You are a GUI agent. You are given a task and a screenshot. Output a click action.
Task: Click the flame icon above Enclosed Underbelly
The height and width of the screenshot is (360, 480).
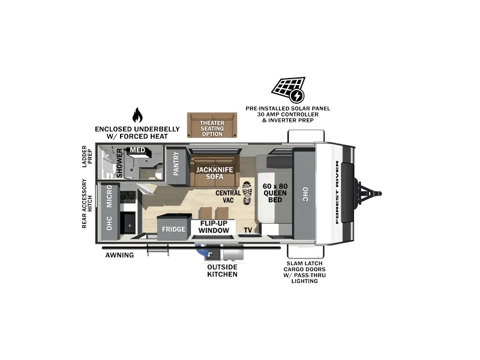point(137,115)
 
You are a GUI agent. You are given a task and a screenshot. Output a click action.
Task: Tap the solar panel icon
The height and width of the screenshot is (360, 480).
point(289,89)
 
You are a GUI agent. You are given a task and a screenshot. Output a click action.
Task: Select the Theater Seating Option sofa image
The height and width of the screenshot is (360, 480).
point(212,125)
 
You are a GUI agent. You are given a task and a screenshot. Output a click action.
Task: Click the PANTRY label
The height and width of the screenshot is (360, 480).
point(176,164)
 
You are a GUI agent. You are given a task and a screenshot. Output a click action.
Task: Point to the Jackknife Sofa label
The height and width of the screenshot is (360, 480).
point(214,173)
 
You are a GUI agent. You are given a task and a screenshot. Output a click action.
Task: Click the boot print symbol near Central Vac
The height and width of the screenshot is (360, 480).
point(247,193)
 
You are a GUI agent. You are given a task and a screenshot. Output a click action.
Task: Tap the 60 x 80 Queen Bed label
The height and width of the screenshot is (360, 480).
point(275,193)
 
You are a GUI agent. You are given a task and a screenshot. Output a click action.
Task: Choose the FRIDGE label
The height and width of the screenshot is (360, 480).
point(173,229)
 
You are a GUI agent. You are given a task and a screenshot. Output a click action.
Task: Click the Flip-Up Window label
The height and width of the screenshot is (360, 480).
point(214,227)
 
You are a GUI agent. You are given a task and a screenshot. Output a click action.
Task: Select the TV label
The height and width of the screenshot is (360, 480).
point(248,230)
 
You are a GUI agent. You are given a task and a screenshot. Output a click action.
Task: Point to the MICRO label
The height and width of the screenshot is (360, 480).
point(109,196)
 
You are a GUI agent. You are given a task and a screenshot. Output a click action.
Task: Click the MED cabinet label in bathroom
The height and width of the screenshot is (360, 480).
point(137,150)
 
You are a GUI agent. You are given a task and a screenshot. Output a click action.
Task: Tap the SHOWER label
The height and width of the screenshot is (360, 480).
point(119,163)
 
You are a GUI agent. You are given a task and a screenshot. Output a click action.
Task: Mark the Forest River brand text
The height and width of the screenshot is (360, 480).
point(337,192)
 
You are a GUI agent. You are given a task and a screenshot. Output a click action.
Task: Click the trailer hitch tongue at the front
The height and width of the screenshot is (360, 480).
point(368,193)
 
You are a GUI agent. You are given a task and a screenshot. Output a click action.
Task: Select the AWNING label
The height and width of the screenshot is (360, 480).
point(119,255)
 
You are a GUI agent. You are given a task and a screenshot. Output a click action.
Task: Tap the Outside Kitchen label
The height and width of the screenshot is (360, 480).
point(222,271)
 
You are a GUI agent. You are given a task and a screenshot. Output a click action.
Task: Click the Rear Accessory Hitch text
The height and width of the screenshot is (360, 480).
point(87,203)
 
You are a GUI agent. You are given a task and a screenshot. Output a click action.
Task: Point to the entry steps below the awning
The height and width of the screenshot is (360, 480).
point(158,251)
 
